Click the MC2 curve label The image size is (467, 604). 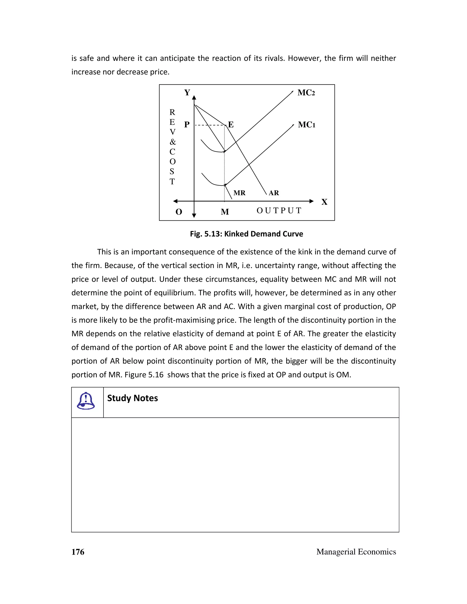point(306,93)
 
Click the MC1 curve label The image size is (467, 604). point(306,125)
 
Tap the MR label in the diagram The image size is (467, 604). point(239,193)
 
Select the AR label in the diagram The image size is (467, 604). point(274,193)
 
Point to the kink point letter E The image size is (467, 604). point(231,125)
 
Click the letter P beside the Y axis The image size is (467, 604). point(187,125)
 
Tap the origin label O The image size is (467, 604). point(179,212)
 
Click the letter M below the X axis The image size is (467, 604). point(225,212)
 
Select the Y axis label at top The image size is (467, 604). point(187,93)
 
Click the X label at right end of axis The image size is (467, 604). point(324,202)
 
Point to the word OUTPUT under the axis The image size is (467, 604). point(279,211)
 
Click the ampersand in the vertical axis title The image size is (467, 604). point(173,142)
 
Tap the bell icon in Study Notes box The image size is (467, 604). point(86,401)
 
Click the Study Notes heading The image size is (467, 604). point(132,398)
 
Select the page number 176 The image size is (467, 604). point(78,552)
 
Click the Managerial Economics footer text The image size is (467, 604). point(356,552)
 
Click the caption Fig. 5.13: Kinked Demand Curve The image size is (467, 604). point(246,234)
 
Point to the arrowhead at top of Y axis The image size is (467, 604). point(194,98)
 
